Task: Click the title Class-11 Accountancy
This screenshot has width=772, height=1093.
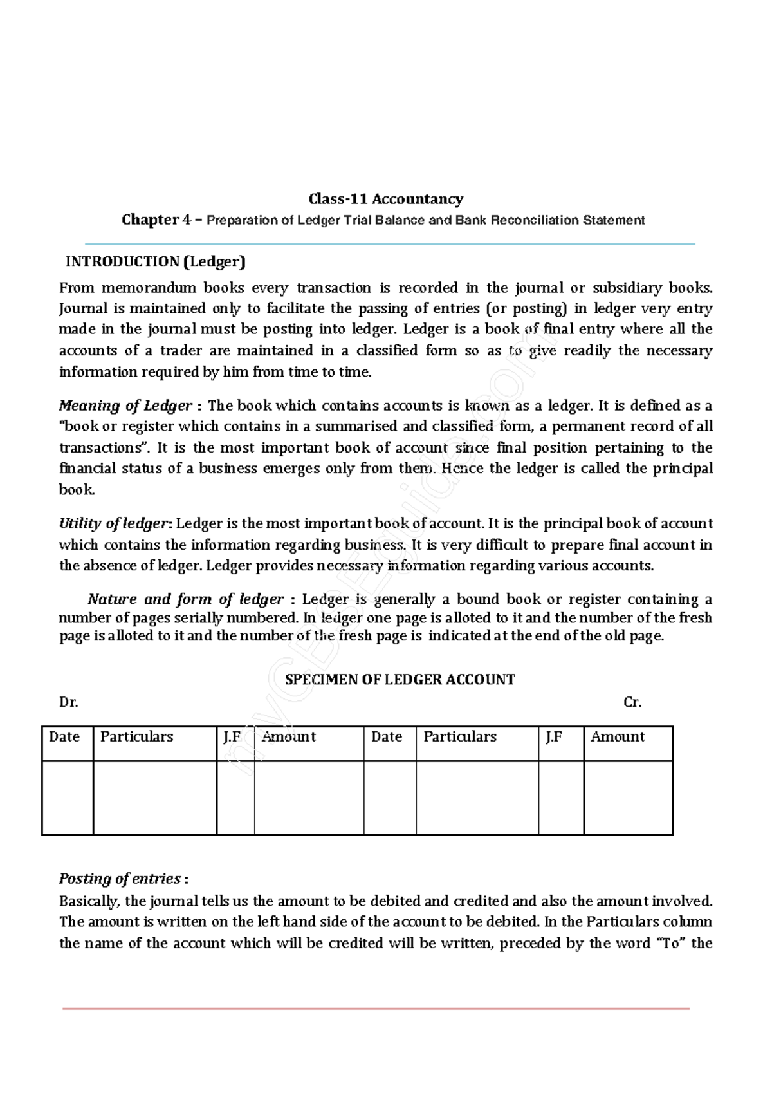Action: pos(385,199)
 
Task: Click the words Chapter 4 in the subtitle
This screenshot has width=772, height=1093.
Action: pos(156,220)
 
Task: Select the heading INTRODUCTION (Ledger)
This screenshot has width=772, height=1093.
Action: pos(156,261)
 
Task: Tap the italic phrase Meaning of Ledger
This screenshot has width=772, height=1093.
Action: pos(125,406)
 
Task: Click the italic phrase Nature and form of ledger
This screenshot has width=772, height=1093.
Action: pos(185,599)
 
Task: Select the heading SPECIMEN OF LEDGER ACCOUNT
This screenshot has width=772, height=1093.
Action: pos(400,680)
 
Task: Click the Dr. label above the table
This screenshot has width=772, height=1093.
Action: pos(68,702)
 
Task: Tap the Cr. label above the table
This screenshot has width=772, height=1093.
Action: pos(632,702)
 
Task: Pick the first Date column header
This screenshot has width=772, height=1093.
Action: pos(64,737)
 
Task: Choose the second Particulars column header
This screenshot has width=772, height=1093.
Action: pos(460,737)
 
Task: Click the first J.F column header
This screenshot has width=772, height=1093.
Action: pos(232,737)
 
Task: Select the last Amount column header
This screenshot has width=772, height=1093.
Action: pos(618,737)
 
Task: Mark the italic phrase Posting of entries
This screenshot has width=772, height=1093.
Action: pos(120,879)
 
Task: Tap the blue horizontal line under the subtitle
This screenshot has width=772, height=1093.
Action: pos(390,244)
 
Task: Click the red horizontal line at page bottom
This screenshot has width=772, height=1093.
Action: pos(376,1009)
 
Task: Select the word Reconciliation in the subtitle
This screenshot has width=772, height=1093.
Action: pos(538,220)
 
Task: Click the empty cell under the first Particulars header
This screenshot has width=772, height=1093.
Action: pos(154,798)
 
